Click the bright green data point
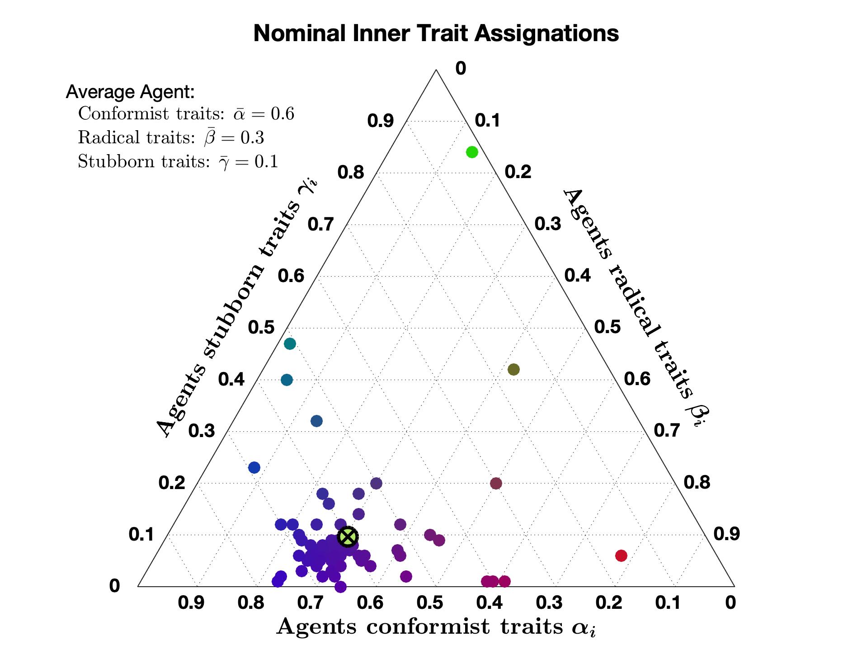pos(472,152)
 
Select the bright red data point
pos(621,555)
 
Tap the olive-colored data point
pos(513,369)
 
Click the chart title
pos(436,33)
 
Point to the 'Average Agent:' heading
pos(130,92)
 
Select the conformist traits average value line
pos(186,114)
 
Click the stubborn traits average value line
pos(178,161)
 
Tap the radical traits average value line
pos(171,137)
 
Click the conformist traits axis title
pos(436,627)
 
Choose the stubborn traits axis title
pos(237,307)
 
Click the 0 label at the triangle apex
pos(460,69)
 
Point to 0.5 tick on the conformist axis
pos(430,603)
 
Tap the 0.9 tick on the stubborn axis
pos(380,121)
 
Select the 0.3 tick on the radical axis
pos(548,224)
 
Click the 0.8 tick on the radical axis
pos(697,483)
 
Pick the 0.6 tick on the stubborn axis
pos(291,276)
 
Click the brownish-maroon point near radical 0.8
pos(496,483)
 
